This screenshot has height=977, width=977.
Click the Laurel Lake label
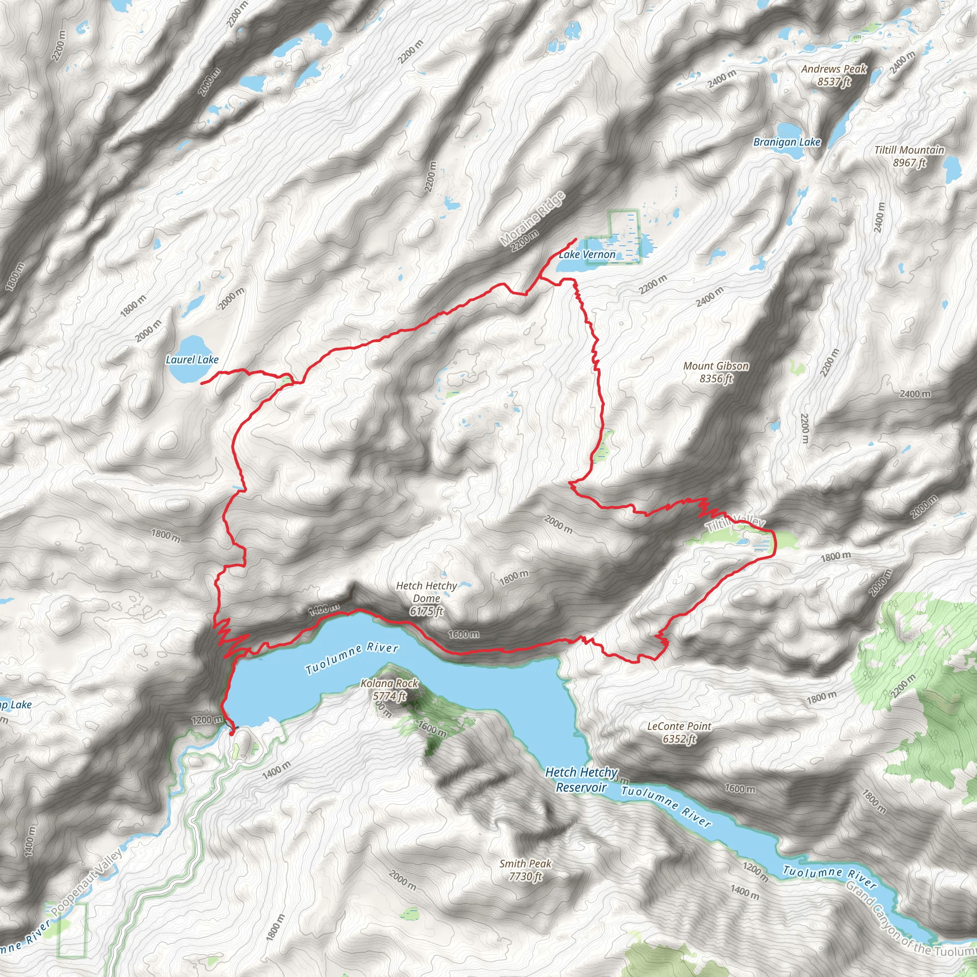point(192,360)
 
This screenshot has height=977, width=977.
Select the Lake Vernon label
point(587,254)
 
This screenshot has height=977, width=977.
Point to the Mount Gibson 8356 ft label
point(716,372)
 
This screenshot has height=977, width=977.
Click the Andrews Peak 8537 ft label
point(833,75)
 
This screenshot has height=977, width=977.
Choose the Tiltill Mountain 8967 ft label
point(909,156)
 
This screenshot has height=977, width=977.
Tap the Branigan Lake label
point(787,142)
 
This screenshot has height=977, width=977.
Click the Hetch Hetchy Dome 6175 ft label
point(426,598)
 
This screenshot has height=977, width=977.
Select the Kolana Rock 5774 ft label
point(389,689)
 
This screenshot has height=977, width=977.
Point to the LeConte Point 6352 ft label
point(679,732)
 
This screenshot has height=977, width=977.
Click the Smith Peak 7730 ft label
point(525,870)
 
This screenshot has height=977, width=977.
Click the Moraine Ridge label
point(532,219)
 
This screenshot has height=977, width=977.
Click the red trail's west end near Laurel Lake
point(202,384)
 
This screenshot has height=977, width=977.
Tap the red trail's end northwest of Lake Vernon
point(576,239)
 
